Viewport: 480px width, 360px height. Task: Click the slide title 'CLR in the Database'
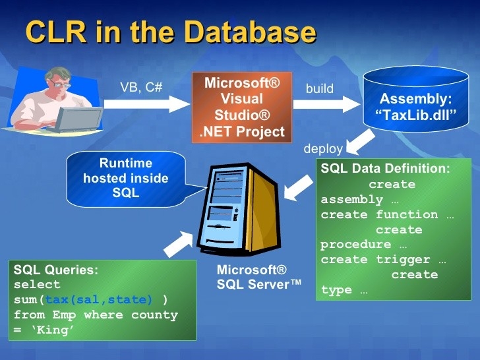[x=170, y=32]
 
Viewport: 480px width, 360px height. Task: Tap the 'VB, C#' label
[x=141, y=87]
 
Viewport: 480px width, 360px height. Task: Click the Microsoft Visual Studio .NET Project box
[x=242, y=107]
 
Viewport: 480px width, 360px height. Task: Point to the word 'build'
[x=320, y=88]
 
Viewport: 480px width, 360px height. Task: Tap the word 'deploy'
[x=323, y=148]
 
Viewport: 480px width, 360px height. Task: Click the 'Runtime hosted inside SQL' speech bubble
[x=125, y=177]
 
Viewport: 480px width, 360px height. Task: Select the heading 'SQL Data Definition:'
[x=385, y=169]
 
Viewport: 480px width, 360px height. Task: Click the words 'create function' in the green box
[x=379, y=214]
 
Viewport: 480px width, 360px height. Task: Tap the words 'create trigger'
[x=376, y=260]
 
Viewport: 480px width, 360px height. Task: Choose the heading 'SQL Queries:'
[x=56, y=270]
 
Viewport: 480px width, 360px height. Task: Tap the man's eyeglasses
[x=61, y=84]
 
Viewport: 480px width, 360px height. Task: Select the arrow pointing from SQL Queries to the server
[x=177, y=242]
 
